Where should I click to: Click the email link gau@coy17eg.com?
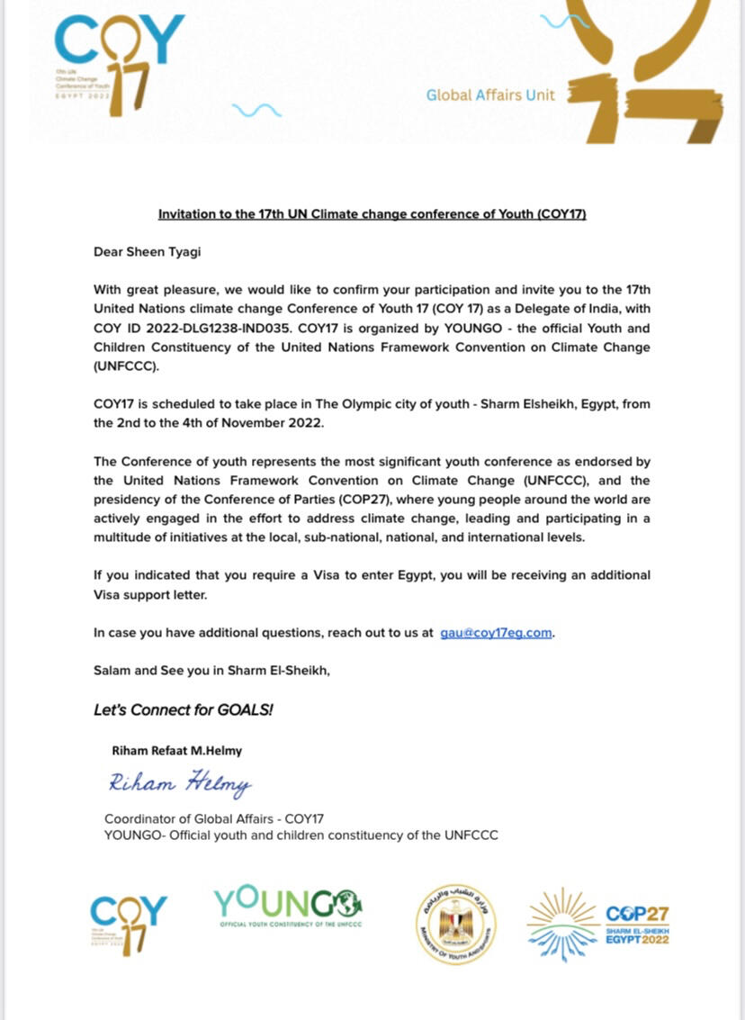point(496,633)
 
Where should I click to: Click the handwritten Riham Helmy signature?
point(180,784)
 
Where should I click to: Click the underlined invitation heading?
point(372,215)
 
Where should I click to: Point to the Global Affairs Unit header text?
point(490,95)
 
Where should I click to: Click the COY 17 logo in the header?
point(117,63)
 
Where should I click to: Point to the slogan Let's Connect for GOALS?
point(184,709)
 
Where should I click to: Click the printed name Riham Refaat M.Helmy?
point(177,751)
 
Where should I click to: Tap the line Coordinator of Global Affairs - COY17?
point(214,819)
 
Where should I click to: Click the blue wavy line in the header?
point(256,110)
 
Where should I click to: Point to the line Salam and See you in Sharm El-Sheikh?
point(212,670)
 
